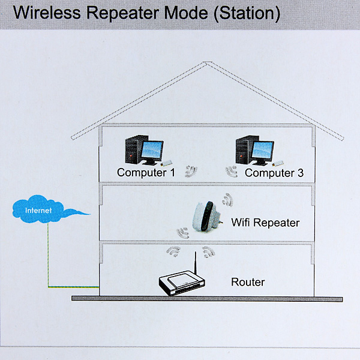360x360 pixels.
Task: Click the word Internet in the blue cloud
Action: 38,211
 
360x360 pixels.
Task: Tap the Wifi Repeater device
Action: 206,217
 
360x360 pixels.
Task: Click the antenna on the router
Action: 196,262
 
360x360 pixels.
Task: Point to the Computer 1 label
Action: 146,172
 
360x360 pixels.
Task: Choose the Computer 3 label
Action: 274,173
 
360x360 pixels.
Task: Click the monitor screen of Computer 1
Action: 152,150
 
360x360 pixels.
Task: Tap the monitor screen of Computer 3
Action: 262,150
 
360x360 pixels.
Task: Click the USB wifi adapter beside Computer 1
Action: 166,163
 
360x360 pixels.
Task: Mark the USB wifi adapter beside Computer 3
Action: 278,163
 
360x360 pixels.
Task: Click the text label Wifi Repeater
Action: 265,223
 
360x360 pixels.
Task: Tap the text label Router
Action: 248,282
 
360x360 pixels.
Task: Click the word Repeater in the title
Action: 122,13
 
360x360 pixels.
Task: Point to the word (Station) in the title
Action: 247,13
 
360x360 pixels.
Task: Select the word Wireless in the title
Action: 47,13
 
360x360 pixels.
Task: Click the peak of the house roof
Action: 208,62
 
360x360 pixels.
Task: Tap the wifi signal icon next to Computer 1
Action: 191,172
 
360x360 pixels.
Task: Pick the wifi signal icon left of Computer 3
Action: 232,172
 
